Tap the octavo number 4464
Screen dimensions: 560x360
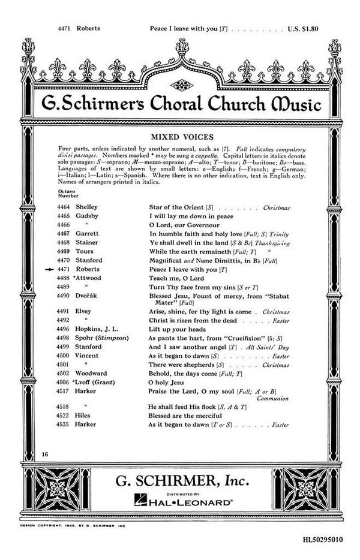click(63, 206)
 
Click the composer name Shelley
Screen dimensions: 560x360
click(88, 206)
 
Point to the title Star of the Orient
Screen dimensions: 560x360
click(178, 206)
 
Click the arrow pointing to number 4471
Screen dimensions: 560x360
click(50, 270)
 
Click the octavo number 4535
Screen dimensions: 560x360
click(63, 424)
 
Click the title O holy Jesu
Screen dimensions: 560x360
click(167, 382)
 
